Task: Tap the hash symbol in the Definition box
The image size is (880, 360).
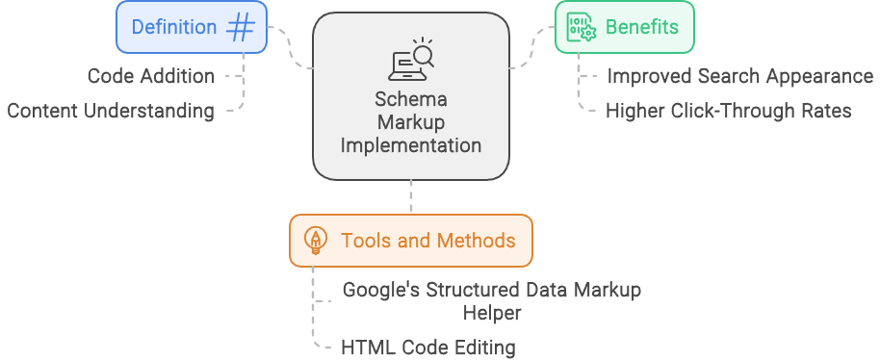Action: coord(240,27)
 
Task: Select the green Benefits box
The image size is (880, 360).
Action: coord(624,27)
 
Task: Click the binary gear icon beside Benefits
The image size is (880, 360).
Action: coord(582,27)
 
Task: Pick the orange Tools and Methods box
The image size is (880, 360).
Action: coord(410,240)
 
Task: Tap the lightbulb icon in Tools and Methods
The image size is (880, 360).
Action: coord(315,240)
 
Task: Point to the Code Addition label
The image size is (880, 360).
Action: coord(151,75)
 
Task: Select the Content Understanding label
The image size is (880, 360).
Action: coord(111,111)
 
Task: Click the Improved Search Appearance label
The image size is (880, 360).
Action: coord(739,76)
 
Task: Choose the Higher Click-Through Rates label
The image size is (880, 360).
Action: coord(728,111)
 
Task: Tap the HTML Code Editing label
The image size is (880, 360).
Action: coord(428,347)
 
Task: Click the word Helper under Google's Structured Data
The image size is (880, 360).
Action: coord(492,312)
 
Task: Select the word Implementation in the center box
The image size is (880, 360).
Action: coord(411,146)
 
